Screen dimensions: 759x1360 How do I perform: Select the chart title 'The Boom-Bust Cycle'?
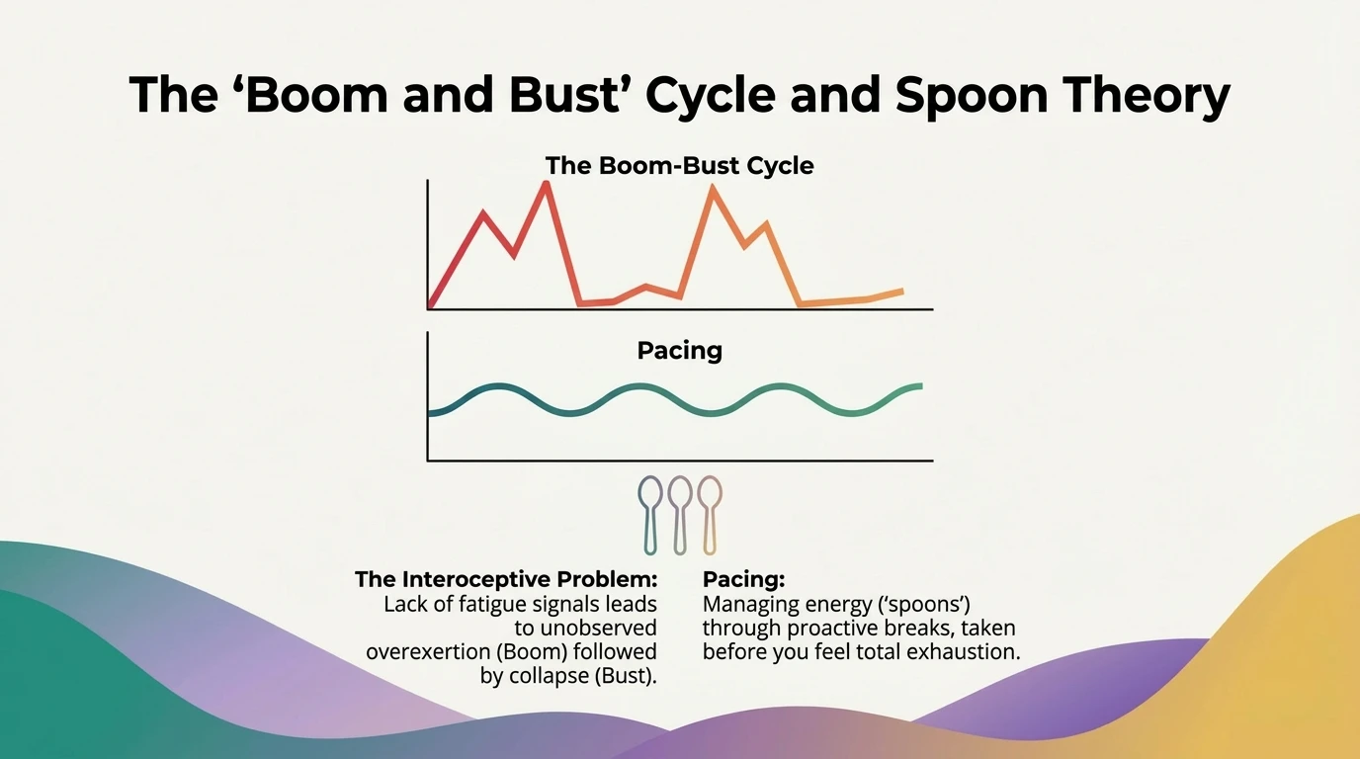coord(680,165)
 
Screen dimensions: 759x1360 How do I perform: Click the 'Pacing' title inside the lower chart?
coord(680,350)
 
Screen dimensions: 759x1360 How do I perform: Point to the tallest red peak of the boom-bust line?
coord(545,185)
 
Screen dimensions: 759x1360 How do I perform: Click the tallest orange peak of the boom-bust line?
coord(712,188)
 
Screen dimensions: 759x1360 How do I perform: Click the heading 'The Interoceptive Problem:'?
coord(505,578)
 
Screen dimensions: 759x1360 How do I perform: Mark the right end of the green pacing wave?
coord(921,386)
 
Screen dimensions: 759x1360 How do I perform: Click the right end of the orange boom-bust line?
coord(901,291)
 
